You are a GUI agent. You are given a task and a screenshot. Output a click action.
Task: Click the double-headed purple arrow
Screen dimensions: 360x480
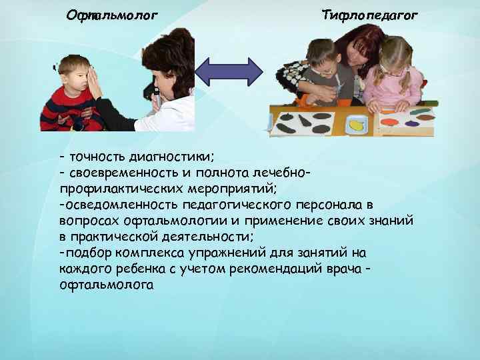(232, 71)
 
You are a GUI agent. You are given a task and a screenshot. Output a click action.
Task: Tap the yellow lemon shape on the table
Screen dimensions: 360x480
(357, 124)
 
